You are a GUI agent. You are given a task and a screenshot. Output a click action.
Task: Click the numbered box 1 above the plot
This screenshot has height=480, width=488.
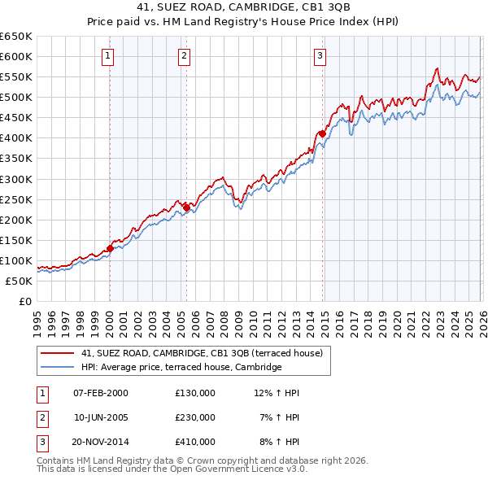(108, 56)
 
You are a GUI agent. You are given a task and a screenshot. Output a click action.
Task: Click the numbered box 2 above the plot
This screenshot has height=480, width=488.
(185, 56)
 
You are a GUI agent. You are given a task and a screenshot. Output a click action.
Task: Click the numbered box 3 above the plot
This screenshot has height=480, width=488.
(320, 56)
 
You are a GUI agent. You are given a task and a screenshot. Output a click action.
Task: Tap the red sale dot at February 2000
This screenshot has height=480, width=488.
(110, 248)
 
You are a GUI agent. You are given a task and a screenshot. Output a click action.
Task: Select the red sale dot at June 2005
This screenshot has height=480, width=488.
(186, 207)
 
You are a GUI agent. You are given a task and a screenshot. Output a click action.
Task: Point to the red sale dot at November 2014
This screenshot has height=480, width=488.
(322, 133)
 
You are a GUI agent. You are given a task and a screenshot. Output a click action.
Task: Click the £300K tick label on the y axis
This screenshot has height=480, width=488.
(16, 179)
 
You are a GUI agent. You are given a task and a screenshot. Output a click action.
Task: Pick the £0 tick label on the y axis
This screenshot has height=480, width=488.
(24, 301)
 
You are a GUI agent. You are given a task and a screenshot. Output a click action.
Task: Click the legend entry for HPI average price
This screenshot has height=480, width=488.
(181, 367)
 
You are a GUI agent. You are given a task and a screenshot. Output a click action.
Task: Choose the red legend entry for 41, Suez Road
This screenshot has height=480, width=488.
(202, 353)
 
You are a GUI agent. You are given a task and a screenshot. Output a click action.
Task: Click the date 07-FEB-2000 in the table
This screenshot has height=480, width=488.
(101, 393)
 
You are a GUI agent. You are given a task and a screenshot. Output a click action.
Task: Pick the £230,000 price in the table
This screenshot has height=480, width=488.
(195, 417)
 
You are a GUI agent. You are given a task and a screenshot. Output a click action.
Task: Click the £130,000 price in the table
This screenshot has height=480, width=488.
(195, 393)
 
